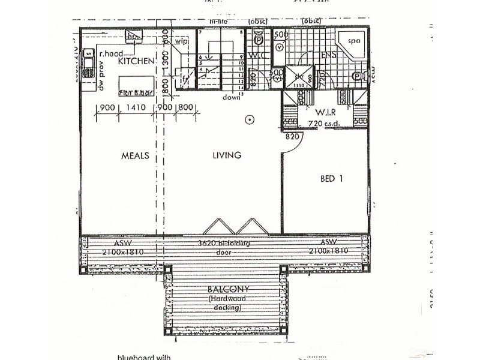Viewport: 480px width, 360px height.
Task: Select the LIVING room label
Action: click(227, 155)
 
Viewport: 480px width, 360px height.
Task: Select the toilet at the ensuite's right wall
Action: click(358, 76)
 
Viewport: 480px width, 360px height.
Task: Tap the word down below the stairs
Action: click(231, 97)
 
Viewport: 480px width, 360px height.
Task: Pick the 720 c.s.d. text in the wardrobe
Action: click(324, 123)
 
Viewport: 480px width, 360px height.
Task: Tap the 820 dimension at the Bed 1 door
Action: click(292, 137)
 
